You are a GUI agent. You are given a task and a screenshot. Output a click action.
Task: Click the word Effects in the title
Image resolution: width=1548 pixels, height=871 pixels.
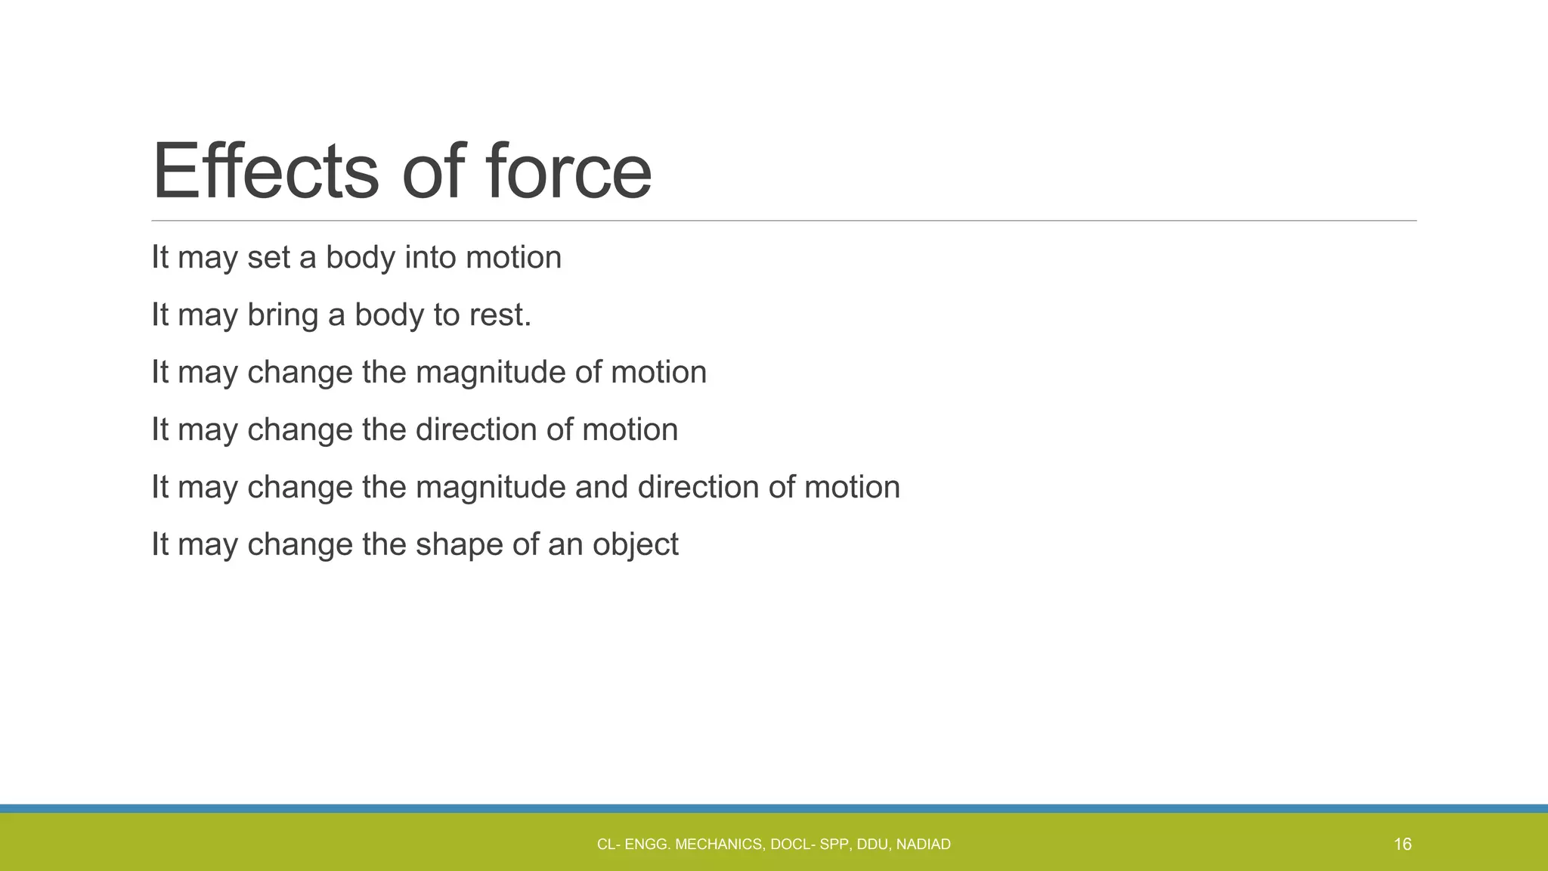(265, 172)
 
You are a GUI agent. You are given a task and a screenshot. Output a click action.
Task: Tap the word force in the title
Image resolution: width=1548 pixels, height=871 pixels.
(568, 172)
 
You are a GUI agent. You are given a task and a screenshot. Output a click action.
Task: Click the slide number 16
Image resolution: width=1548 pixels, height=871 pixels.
(1402, 845)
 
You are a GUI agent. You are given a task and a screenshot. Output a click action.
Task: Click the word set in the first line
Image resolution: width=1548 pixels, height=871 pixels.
(268, 258)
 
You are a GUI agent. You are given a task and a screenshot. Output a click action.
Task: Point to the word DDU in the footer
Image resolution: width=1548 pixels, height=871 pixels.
(873, 845)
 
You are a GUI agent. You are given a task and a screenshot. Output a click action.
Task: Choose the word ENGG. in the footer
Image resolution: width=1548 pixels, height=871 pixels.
(647, 845)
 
